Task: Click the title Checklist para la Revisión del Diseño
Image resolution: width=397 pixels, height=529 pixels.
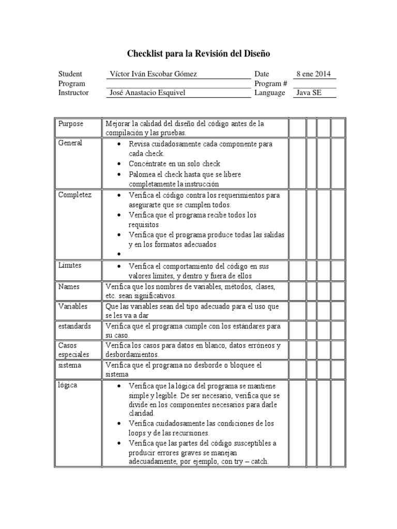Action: click(198, 53)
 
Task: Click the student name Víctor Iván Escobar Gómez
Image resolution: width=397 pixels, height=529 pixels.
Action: click(154, 74)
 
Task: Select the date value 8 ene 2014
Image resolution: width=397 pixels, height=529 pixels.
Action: click(314, 74)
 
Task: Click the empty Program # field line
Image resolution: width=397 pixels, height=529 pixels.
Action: click(314, 84)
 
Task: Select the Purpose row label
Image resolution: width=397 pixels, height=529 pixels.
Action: click(71, 124)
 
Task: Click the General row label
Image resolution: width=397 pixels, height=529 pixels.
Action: click(70, 143)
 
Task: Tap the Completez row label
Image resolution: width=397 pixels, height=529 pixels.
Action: click(74, 195)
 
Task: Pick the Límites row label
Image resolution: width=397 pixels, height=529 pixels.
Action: click(70, 266)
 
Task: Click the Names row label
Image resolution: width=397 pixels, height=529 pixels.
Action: click(69, 286)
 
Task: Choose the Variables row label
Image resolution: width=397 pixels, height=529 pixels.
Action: click(73, 306)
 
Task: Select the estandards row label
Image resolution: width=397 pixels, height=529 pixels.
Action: click(74, 326)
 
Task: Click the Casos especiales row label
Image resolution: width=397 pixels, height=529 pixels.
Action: click(73, 350)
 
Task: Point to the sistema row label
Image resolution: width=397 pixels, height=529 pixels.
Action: click(70, 365)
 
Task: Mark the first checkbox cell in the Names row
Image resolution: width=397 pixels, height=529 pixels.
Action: click(297, 291)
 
